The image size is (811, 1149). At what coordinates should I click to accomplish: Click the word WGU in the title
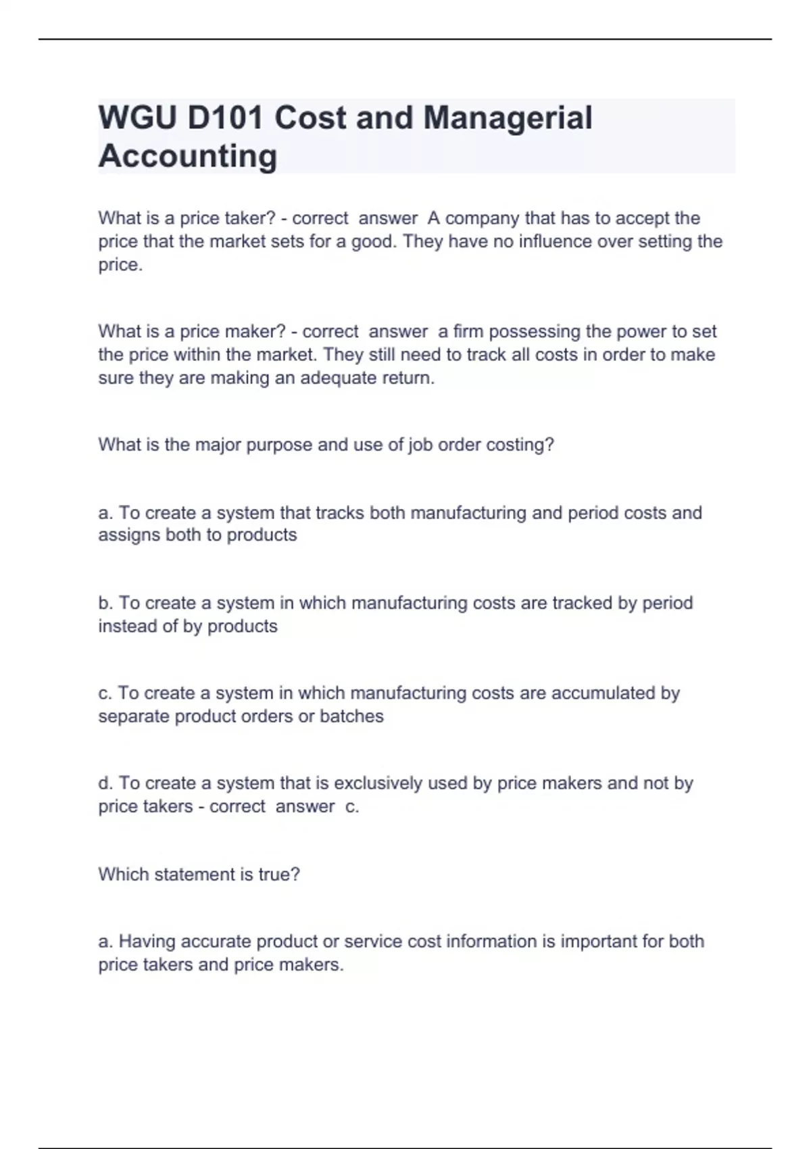point(138,118)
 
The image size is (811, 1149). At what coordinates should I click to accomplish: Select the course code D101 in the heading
point(225,118)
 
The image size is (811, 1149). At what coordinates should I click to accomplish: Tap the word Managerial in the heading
point(508,118)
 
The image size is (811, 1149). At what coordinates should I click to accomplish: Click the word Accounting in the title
point(188,156)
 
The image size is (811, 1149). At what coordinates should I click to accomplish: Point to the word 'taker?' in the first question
point(241,218)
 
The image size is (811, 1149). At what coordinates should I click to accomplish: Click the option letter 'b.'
point(105,603)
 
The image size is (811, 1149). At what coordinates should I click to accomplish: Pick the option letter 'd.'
point(105,783)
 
